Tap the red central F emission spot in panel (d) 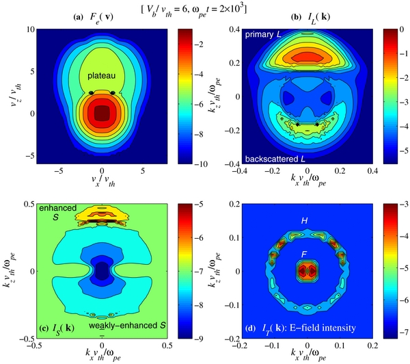(305, 270)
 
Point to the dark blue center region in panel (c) (101, 271)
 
